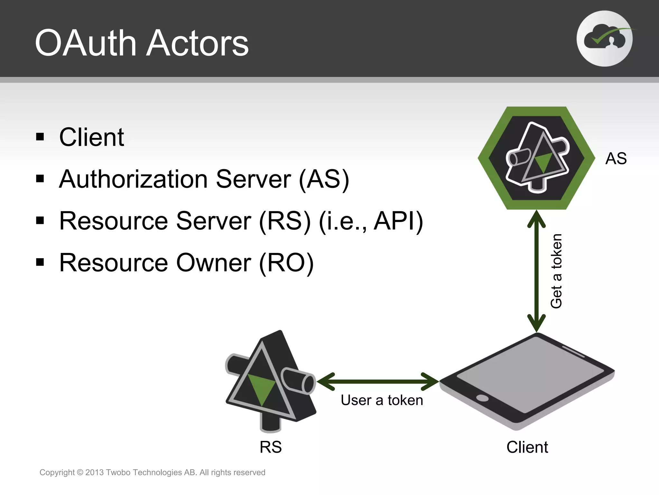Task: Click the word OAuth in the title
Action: coord(86,43)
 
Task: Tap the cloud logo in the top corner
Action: coord(604,39)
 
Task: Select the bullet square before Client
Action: coord(40,137)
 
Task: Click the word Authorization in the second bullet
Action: coord(133,179)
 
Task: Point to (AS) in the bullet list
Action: coord(324,179)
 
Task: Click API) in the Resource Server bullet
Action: coord(398,221)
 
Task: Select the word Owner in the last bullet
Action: coord(214,263)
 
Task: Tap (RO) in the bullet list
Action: coord(286,263)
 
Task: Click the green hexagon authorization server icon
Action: coord(536,158)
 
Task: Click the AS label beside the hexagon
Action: coord(616,159)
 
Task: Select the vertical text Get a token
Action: coord(556,271)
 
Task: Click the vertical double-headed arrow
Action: coord(536,271)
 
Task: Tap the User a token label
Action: coord(382,400)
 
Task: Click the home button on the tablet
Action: coord(482,398)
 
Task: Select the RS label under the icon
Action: coord(271,447)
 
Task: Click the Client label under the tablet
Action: coord(527,447)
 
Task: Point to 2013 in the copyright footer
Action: coord(94,472)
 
